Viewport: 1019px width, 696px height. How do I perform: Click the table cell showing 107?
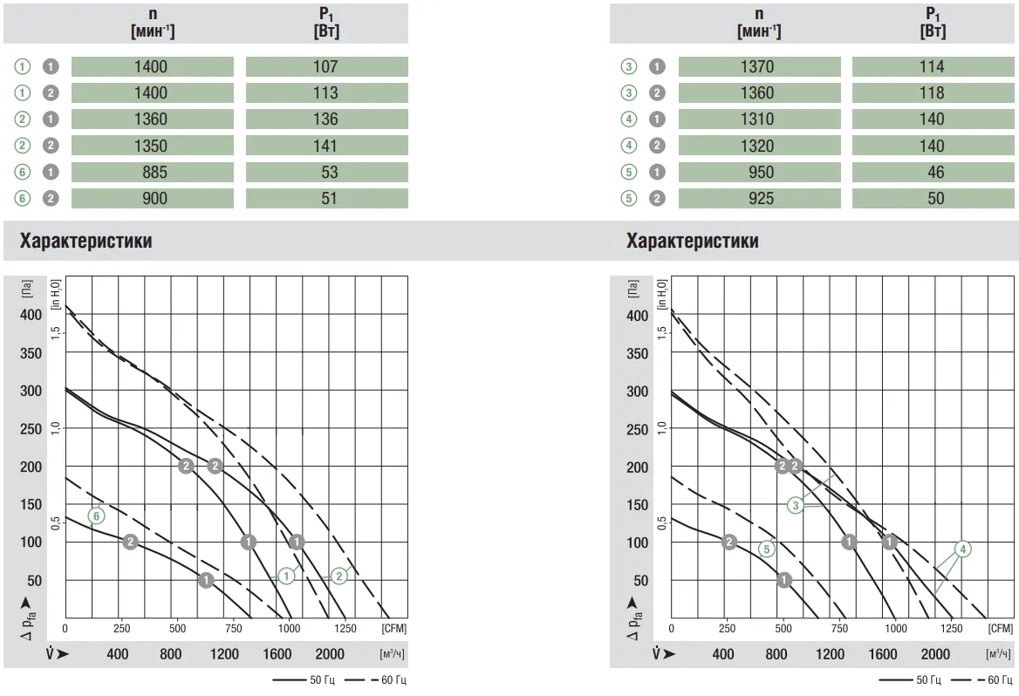pos(327,66)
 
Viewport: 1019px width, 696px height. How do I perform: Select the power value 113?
pos(327,92)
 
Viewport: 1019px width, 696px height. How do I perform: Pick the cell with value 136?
pos(327,119)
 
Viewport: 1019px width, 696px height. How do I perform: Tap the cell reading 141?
pos(327,146)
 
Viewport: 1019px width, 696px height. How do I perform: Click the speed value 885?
pos(152,172)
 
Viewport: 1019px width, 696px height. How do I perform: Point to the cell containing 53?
pos(327,172)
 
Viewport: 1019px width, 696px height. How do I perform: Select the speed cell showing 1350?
pos(152,146)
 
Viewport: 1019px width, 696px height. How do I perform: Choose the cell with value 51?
pos(327,198)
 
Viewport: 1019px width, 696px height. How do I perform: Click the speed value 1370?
pos(759,66)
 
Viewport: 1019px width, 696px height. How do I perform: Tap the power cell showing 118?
pos(933,92)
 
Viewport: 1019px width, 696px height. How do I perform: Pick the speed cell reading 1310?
pos(759,119)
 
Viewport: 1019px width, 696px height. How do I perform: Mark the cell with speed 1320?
pos(759,146)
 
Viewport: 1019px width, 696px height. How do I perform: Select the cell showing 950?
pos(759,172)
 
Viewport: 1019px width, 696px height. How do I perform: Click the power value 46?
pos(933,172)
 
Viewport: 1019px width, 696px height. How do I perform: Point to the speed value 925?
pos(759,198)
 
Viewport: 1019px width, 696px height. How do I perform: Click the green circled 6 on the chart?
pos(98,515)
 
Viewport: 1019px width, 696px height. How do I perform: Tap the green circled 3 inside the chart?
pos(796,505)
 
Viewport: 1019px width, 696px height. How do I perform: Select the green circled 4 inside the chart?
pos(962,549)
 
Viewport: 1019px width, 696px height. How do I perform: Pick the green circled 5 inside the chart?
pos(766,549)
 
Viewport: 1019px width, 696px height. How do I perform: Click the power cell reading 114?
pos(933,66)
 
